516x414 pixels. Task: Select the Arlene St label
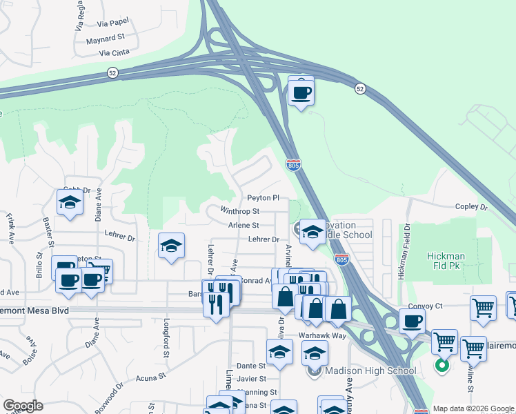[x=244, y=225]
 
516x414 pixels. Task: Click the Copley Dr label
[x=471, y=207]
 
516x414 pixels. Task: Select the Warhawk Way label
[x=322, y=335]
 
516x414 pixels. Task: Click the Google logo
[x=23, y=406]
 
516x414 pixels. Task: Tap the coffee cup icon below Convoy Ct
[x=412, y=322]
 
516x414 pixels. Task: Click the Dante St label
[x=252, y=366]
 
